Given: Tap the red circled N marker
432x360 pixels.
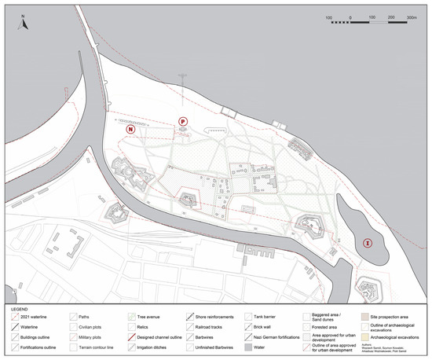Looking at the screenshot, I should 131,128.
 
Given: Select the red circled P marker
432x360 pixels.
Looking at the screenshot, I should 183,121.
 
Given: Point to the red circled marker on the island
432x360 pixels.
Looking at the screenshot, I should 367,244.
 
